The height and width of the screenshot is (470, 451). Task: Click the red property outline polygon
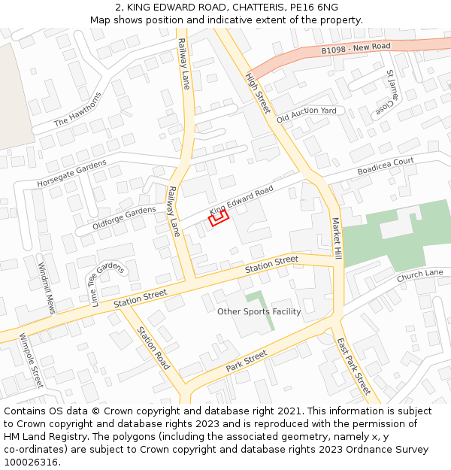coord(218,218)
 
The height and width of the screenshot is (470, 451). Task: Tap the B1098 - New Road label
coord(356,49)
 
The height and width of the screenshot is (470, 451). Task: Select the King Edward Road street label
coord(241,199)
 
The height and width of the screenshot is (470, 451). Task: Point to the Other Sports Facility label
coord(259,311)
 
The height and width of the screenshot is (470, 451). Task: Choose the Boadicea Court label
coord(385,166)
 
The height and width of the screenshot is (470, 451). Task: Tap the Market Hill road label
coord(337,239)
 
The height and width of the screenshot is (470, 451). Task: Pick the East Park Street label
coord(353,366)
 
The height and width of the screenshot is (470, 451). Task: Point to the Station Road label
coord(153,348)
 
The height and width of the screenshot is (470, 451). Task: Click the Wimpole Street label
coord(32,361)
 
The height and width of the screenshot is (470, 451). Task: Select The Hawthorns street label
coord(77,111)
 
